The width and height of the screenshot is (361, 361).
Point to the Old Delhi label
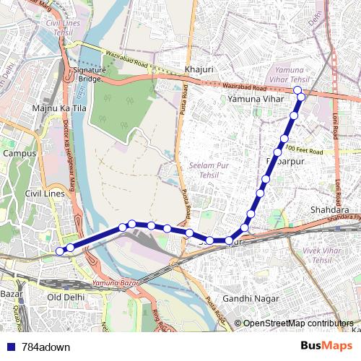pos(66,297)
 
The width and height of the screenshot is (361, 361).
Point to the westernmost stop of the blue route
pos(60,251)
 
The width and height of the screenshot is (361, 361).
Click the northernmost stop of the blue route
pos(297,90)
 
